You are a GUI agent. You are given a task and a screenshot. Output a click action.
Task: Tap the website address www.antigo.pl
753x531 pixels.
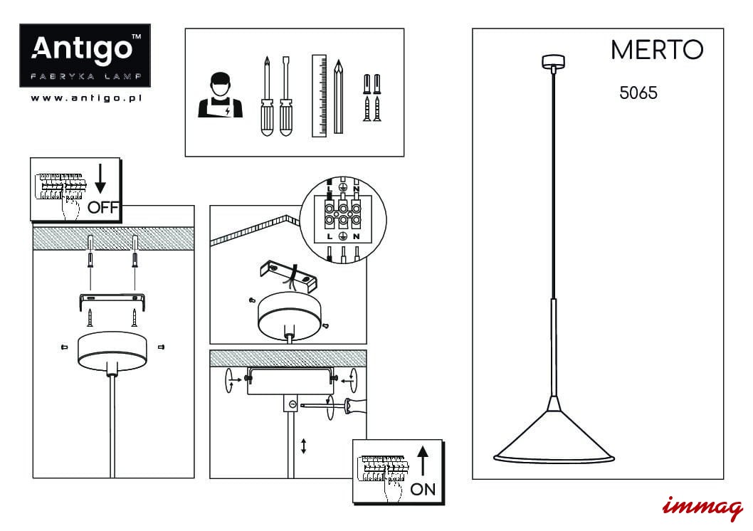point(86,98)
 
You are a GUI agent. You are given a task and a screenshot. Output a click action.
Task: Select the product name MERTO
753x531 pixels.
point(657,49)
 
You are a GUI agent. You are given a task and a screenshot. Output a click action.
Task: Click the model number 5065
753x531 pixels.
point(638,93)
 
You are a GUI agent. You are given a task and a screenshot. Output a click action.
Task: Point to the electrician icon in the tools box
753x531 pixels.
point(221,95)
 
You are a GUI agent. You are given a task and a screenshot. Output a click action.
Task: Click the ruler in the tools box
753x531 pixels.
point(320,96)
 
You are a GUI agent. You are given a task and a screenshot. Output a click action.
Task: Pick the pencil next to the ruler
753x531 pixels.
point(339,97)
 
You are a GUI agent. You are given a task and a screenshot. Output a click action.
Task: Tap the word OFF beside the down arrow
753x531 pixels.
point(103,207)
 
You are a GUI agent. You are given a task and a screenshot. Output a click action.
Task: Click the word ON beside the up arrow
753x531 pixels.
point(423,489)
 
